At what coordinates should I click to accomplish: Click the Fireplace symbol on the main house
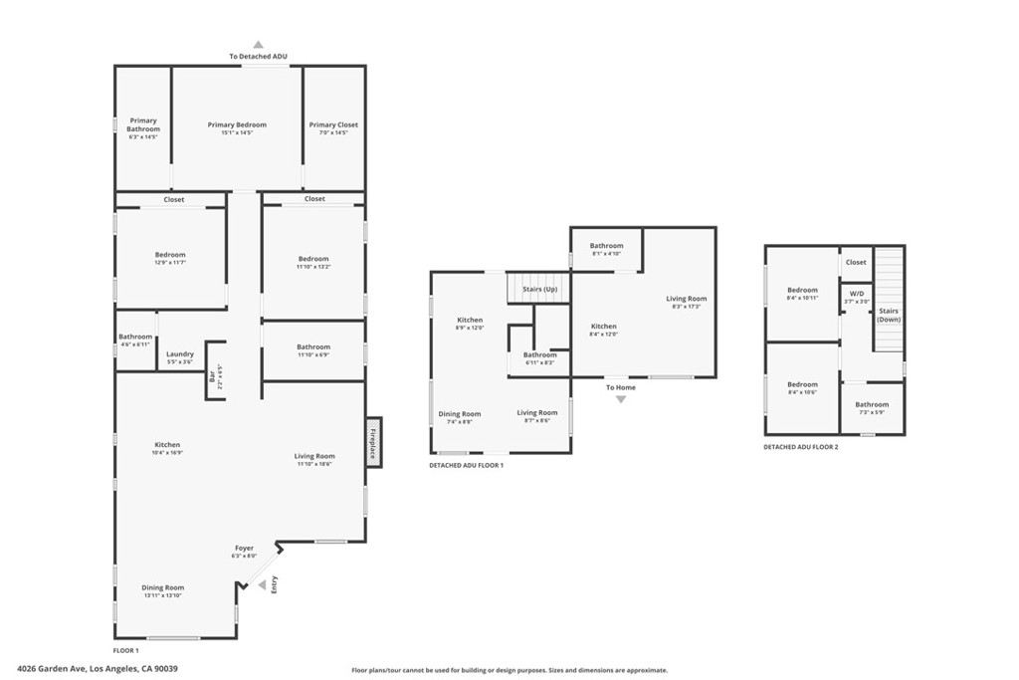[x=373, y=441]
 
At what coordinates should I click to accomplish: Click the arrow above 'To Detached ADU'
[x=258, y=45]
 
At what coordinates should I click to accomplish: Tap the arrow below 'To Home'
[x=621, y=399]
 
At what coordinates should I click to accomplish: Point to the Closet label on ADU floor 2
[x=856, y=263]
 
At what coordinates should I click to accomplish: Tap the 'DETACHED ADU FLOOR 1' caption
[x=467, y=466]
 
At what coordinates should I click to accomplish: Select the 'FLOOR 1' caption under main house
[x=126, y=649]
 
